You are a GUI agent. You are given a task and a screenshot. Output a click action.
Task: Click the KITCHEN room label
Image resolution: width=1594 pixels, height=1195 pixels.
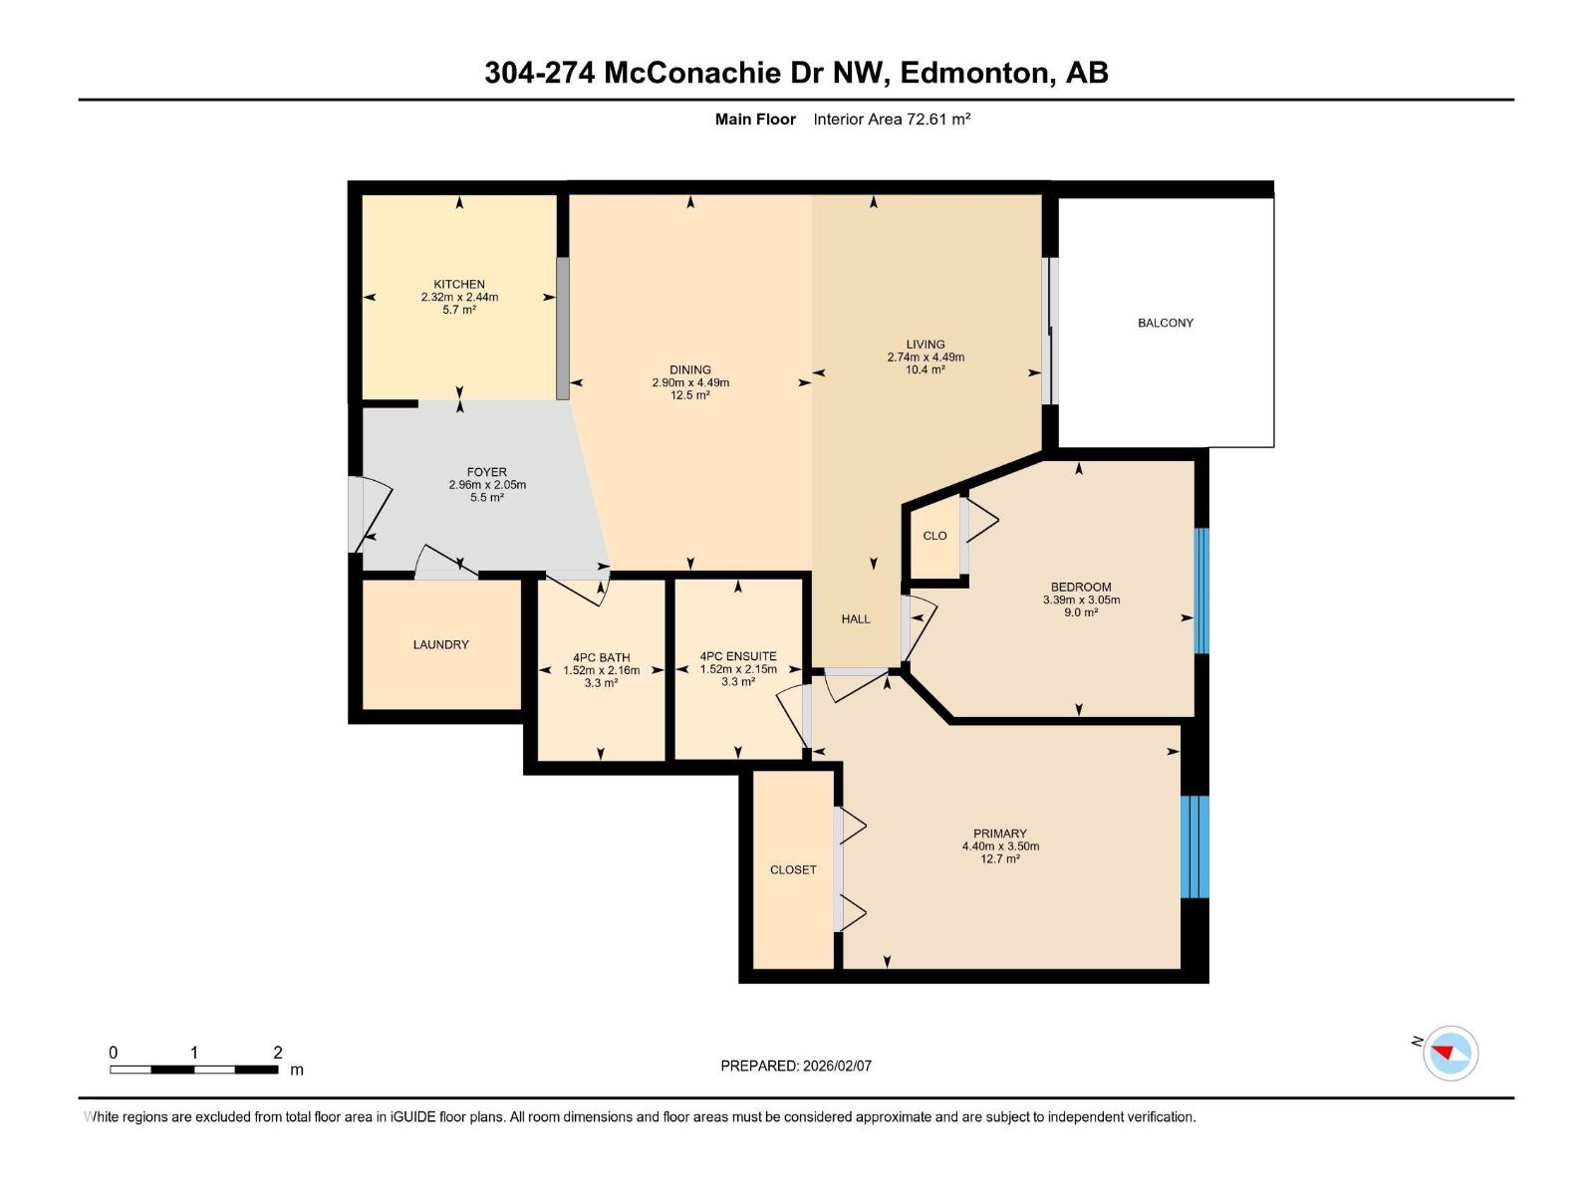pyautogui.click(x=459, y=284)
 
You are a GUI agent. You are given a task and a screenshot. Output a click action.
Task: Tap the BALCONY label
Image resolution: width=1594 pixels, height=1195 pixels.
pyautogui.click(x=1165, y=323)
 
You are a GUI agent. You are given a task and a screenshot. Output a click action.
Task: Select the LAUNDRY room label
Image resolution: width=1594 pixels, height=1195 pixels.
pyautogui.click(x=440, y=644)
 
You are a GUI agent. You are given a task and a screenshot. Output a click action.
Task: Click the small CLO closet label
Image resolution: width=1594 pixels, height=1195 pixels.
pyautogui.click(x=934, y=536)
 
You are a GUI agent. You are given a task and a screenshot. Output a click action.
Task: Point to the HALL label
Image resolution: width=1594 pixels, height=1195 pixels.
pyautogui.click(x=855, y=618)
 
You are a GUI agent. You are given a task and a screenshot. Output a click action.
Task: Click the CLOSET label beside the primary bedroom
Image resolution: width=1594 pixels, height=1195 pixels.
pyautogui.click(x=793, y=869)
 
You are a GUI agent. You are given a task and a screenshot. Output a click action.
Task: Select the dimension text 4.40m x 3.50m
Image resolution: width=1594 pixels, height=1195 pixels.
pyautogui.click(x=1000, y=846)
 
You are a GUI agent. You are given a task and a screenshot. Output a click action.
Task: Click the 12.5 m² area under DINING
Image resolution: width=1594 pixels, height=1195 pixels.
pyautogui.click(x=689, y=395)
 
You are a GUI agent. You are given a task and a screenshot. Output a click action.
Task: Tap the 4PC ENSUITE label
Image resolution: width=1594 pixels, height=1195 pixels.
pyautogui.click(x=737, y=656)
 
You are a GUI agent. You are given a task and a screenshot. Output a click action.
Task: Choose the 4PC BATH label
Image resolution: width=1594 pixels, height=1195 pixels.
pyautogui.click(x=601, y=657)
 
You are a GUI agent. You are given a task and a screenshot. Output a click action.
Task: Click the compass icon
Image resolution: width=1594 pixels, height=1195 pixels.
pyautogui.click(x=1450, y=1053)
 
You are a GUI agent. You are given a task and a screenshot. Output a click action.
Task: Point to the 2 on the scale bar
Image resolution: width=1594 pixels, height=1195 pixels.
pyautogui.click(x=278, y=1053)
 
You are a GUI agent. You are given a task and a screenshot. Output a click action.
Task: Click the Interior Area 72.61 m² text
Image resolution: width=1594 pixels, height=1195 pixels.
pyautogui.click(x=892, y=119)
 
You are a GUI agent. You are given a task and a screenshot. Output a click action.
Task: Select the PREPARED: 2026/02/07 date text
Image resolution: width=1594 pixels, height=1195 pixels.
pyautogui.click(x=796, y=1066)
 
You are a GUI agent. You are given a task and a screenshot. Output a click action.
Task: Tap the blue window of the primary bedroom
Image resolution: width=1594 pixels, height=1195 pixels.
pyautogui.click(x=1195, y=846)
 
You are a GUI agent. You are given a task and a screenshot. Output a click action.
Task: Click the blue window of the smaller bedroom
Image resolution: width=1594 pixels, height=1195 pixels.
pyautogui.click(x=1201, y=591)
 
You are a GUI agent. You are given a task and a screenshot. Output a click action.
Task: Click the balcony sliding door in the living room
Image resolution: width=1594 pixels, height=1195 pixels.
pyautogui.click(x=1050, y=332)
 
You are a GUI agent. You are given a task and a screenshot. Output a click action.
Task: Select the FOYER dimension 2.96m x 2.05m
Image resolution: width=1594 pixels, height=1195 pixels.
pyautogui.click(x=487, y=485)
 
